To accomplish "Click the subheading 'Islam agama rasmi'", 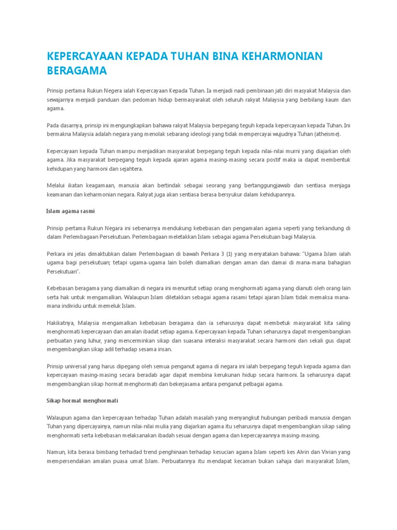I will point(70,212).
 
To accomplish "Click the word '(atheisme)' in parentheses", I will point(326,134).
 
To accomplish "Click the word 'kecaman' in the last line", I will point(249,461).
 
